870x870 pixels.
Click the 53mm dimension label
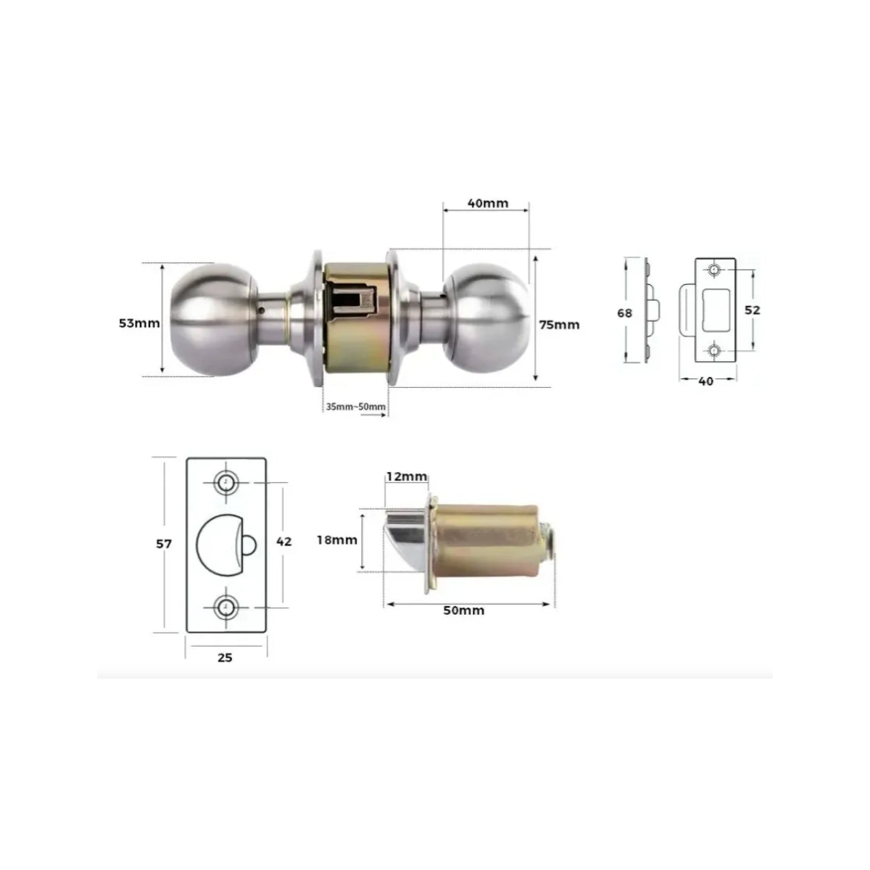pyautogui.click(x=139, y=323)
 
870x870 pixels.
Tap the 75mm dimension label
pyautogui.click(x=560, y=325)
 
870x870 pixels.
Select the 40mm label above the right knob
pyautogui.click(x=488, y=203)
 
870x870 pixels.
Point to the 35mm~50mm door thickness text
pyautogui.click(x=356, y=406)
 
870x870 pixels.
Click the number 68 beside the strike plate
pyautogui.click(x=624, y=313)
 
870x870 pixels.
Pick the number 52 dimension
pyautogui.click(x=752, y=310)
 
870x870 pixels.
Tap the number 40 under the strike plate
pyautogui.click(x=705, y=381)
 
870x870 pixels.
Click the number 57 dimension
pyautogui.click(x=164, y=544)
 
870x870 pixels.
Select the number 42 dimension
pyautogui.click(x=283, y=542)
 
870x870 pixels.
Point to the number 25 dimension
pyautogui.click(x=225, y=658)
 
